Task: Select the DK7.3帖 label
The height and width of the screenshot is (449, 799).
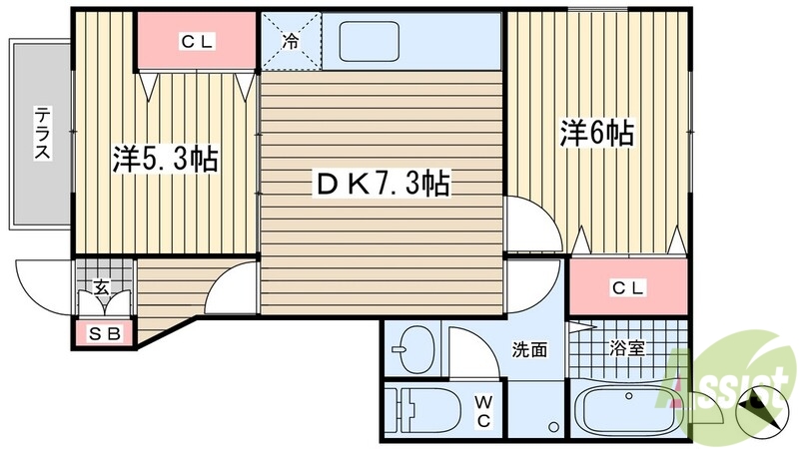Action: [381, 184]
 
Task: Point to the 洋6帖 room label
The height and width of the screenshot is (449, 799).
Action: [597, 133]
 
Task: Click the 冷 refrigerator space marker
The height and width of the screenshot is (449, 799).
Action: [291, 42]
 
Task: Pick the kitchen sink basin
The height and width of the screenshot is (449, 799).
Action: [369, 43]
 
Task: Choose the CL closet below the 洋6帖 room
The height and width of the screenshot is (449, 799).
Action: [628, 287]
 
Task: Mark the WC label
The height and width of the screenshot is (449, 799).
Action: [482, 409]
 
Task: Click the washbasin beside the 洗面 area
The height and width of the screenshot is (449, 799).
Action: [411, 350]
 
